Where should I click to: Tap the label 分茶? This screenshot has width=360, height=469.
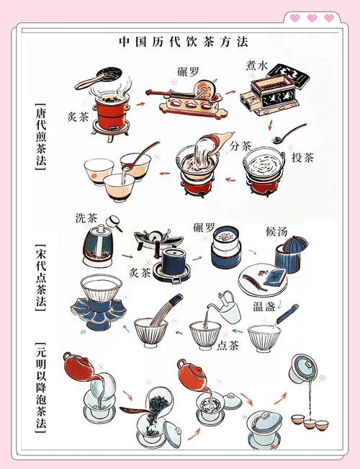coord(240,145)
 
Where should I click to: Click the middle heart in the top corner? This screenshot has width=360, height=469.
coord(312,18)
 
